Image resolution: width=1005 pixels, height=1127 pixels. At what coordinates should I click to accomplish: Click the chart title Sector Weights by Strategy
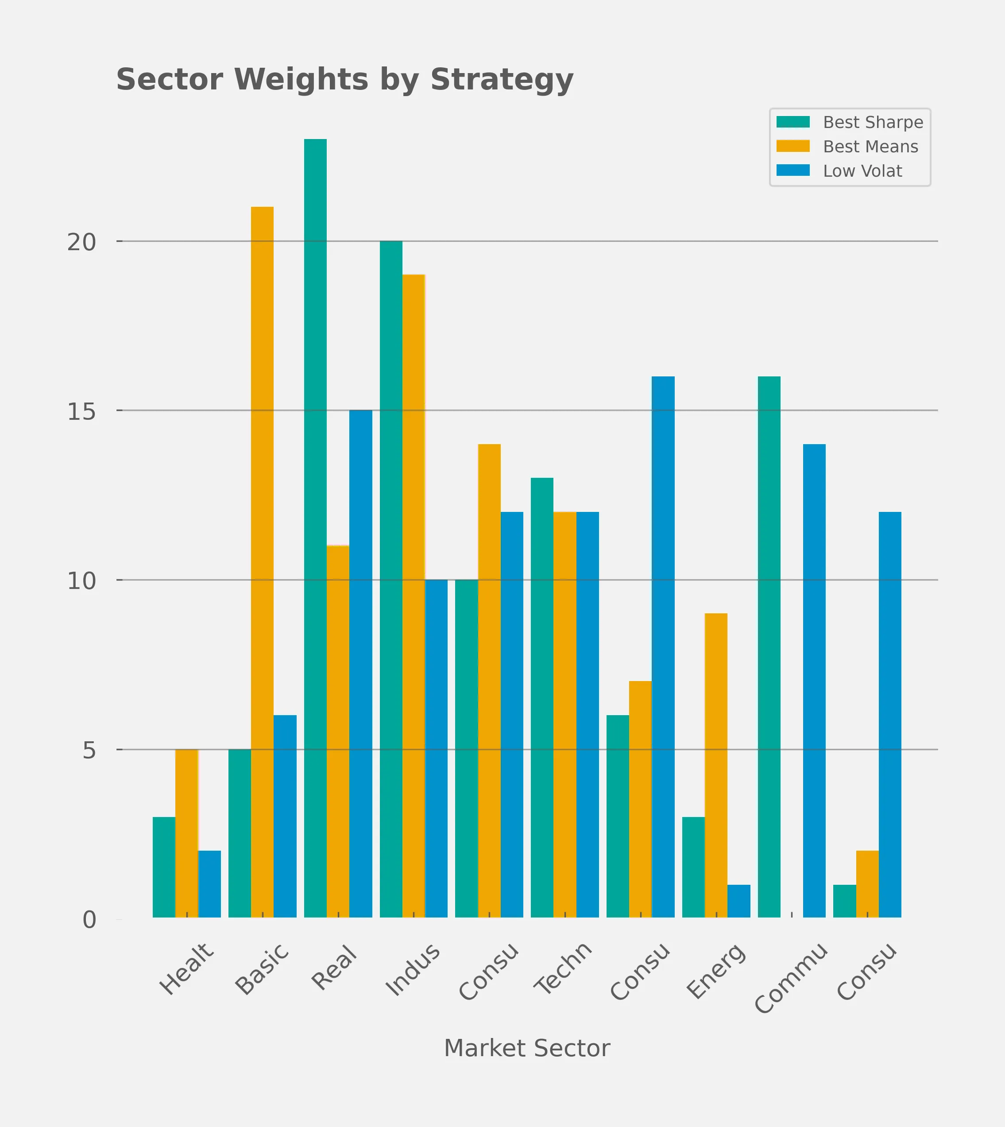[344, 80]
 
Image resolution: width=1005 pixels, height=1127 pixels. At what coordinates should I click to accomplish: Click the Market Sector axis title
[527, 1048]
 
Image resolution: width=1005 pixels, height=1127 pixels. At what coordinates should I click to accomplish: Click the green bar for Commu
[769, 647]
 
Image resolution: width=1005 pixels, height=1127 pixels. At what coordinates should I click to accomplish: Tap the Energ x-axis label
[716, 971]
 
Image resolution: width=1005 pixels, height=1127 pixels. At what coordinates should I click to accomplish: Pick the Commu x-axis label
[791, 978]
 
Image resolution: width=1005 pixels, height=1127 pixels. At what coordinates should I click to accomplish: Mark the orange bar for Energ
[716, 765]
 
